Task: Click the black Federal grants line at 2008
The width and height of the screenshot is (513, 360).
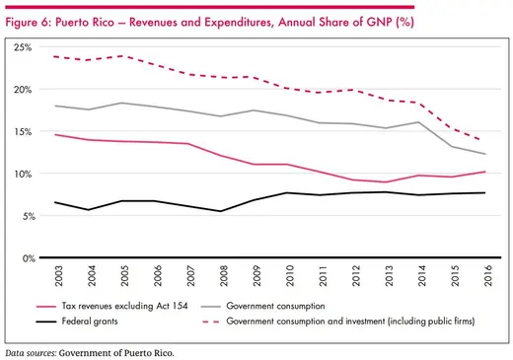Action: coord(222,211)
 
